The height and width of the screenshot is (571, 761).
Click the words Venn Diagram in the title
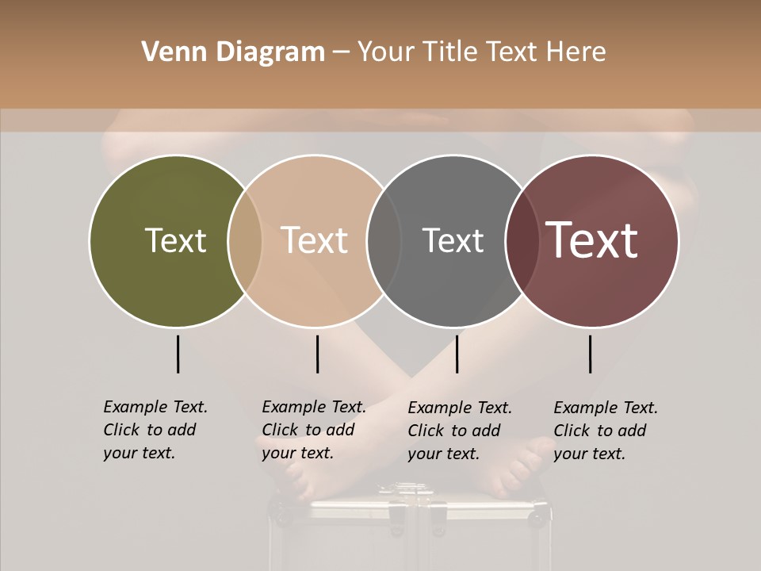233,52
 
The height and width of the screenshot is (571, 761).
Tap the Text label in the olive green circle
175,240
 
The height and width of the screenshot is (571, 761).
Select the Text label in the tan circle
315,240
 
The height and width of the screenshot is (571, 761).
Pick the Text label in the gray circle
453,240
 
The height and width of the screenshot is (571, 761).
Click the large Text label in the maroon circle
592,240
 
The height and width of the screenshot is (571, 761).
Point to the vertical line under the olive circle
178,354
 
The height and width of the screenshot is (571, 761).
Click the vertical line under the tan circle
317,354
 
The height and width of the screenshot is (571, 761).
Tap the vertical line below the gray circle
457,354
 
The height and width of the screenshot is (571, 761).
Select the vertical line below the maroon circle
590,354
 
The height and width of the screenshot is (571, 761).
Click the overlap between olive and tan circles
245,240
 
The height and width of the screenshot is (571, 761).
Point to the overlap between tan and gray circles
384,240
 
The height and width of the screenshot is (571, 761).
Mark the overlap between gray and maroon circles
522,240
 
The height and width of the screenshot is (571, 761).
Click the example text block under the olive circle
155,430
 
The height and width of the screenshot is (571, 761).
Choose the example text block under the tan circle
313,430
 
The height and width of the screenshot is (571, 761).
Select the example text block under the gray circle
459,431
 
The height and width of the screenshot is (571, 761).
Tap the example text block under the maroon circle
605,431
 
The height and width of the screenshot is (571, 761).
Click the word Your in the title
386,52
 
